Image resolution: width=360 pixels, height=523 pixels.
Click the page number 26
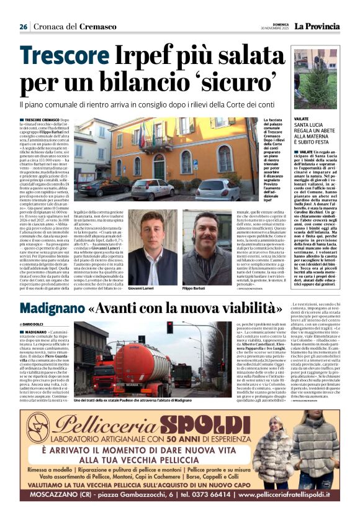(x=23, y=27)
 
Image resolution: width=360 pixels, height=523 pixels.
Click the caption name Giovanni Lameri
(x=140, y=271)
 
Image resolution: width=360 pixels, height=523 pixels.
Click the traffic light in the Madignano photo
(x=169, y=327)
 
